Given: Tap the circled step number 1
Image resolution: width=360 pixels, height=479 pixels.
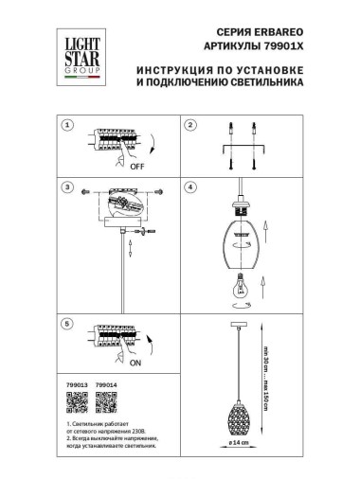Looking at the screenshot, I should coord(67,125).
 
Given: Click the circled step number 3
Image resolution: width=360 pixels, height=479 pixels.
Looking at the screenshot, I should coord(67,187).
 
